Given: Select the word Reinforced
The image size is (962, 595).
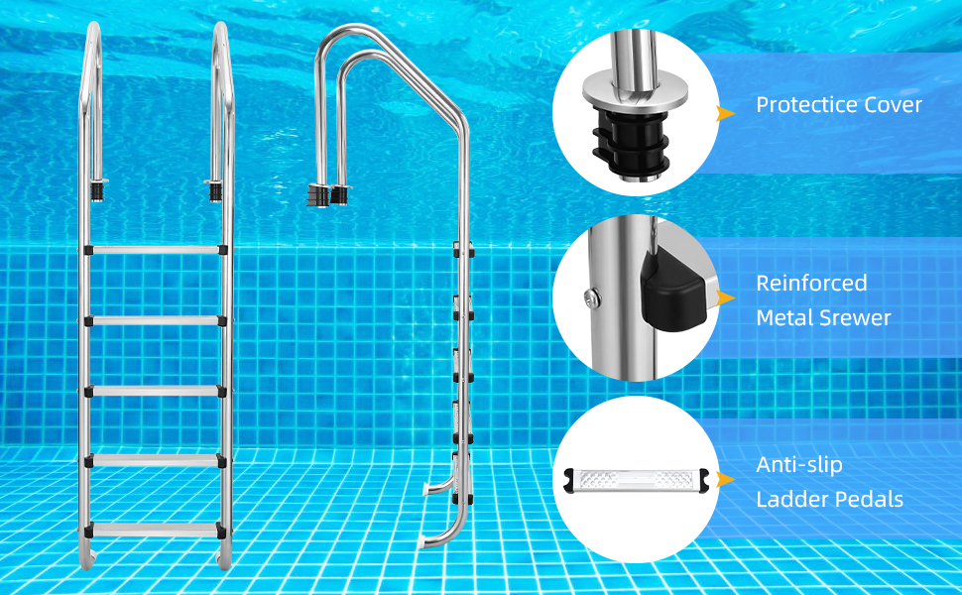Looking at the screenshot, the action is tap(811, 283).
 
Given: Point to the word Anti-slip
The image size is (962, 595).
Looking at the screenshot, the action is tap(798, 465).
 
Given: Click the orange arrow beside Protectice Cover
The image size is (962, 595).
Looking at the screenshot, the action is tap(726, 113).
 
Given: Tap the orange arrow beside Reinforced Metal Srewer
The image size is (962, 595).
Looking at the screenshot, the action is tap(726, 298).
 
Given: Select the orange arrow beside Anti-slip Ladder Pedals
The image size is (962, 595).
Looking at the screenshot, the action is tap(726, 479).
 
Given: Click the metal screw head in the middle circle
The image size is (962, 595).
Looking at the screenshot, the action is tap(592, 298).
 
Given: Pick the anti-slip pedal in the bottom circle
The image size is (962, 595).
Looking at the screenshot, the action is tap(637, 480).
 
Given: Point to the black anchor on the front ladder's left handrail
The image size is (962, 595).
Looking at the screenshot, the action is tap(97, 190).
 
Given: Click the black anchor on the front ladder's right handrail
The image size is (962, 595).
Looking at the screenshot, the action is tap(214, 190).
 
